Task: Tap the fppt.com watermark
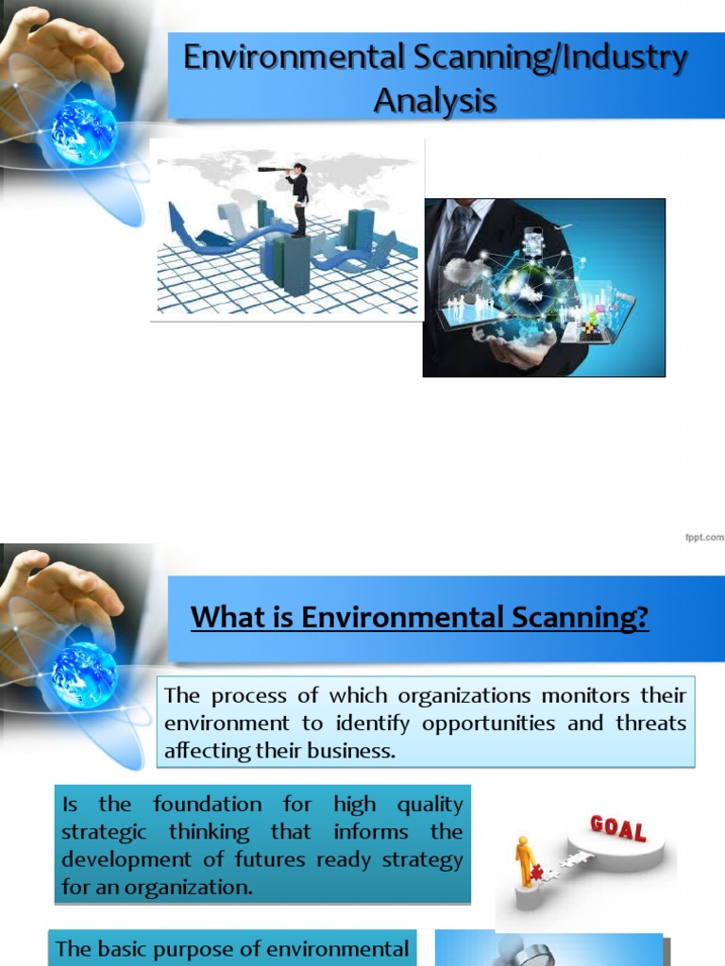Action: [x=703, y=537]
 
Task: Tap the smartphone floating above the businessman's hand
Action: [x=534, y=242]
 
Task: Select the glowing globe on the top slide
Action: [x=84, y=132]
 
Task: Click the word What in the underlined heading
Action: [x=223, y=618]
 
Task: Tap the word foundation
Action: [x=206, y=805]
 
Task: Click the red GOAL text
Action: [x=617, y=829]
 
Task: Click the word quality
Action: [x=430, y=805]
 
